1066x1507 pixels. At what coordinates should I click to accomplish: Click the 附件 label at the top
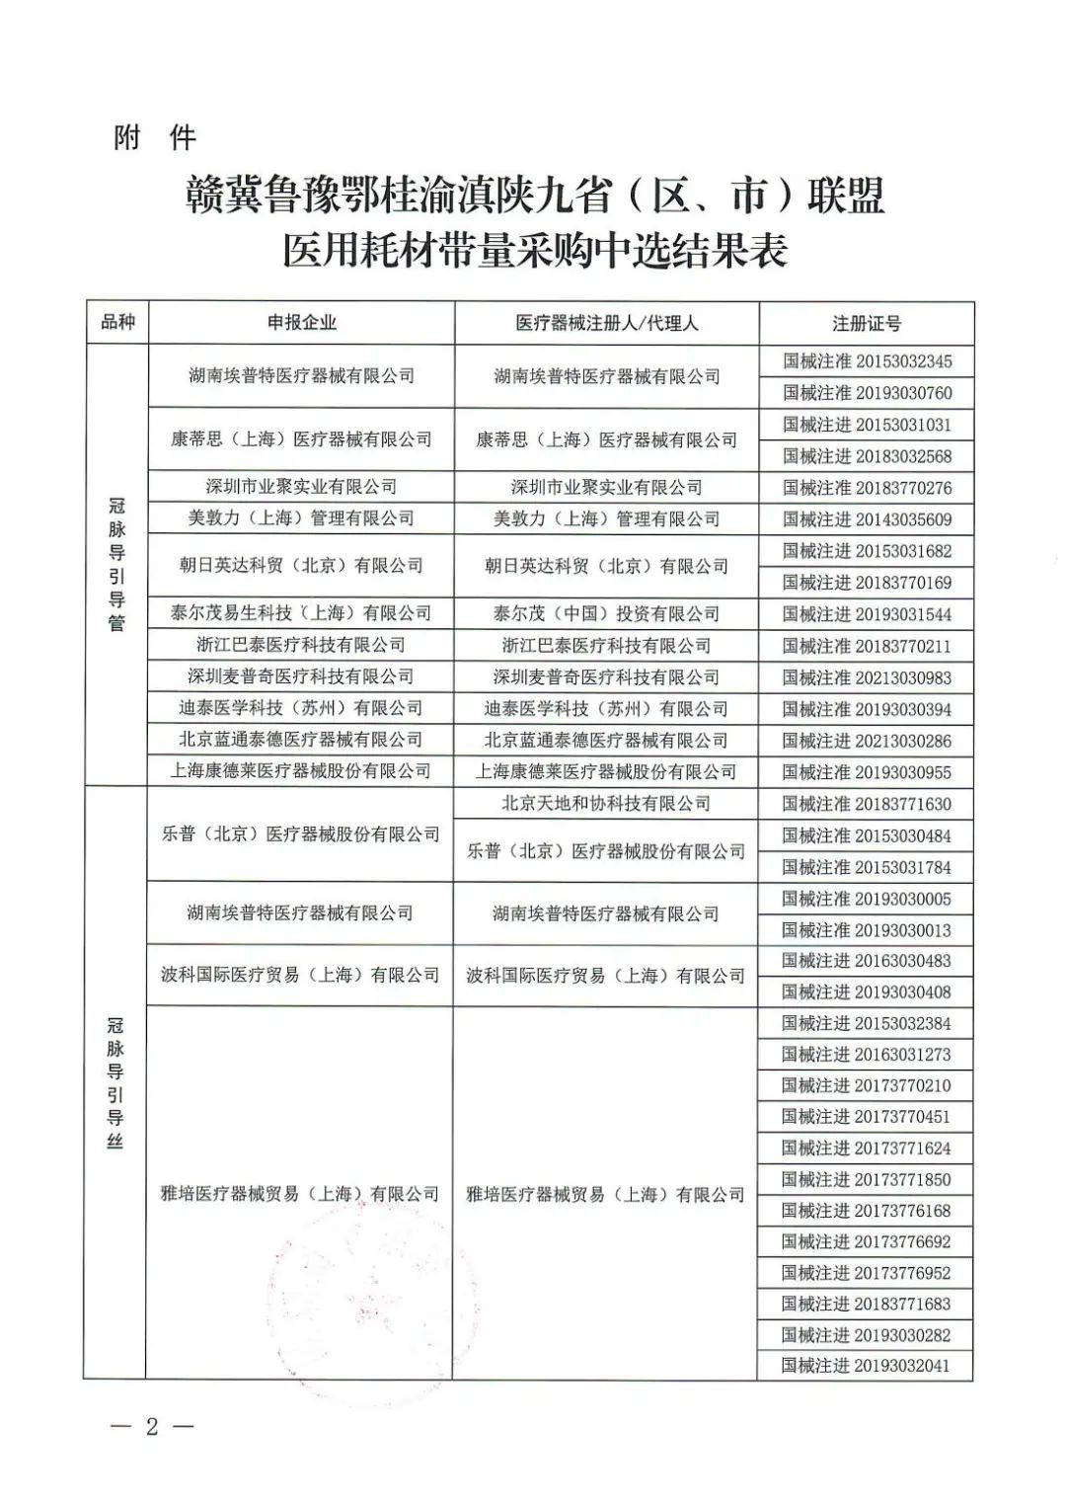(x=155, y=137)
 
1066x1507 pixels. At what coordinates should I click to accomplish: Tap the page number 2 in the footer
(x=151, y=1427)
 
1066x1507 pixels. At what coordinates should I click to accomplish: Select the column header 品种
(x=117, y=322)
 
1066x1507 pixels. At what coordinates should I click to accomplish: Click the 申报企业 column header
(x=301, y=322)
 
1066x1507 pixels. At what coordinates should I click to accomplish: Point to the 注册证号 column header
(x=867, y=323)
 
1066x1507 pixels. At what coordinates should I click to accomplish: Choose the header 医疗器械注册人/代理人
(x=606, y=323)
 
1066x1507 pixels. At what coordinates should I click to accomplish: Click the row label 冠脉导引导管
(x=117, y=564)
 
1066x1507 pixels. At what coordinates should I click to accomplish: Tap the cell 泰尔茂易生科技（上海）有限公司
(x=301, y=613)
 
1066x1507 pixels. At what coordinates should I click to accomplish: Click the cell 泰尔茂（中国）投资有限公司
(x=606, y=613)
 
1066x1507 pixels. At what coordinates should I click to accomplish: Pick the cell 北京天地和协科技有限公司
(x=606, y=804)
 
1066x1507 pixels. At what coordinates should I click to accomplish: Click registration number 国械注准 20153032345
(x=867, y=361)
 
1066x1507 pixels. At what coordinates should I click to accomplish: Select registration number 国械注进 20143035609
(x=867, y=519)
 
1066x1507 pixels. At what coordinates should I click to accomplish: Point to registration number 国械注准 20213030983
(x=867, y=677)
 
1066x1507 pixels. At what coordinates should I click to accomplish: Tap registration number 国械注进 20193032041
(x=866, y=1366)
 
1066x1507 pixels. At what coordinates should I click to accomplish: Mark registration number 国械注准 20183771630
(x=867, y=804)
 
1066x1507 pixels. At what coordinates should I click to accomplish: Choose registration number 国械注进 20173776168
(x=866, y=1210)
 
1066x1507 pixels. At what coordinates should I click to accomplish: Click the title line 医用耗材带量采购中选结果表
(x=534, y=251)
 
